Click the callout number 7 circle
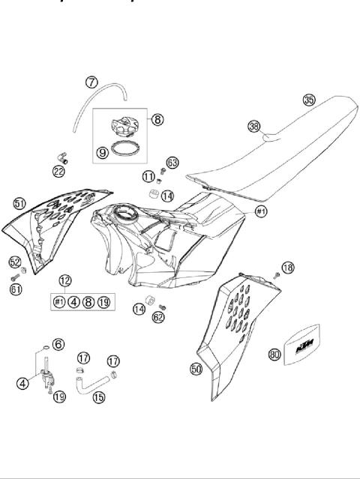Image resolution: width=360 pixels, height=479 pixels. [x=91, y=82]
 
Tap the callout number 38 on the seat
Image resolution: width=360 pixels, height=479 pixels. [x=254, y=127]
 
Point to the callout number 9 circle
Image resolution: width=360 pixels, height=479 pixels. [x=103, y=153]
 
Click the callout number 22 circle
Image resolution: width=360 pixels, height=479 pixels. [x=58, y=172]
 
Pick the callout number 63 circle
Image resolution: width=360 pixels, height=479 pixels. [x=172, y=163]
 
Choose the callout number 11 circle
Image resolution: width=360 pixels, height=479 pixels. [x=149, y=177]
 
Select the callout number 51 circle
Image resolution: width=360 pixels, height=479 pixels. [x=19, y=203]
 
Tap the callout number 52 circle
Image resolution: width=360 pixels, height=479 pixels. [x=14, y=262]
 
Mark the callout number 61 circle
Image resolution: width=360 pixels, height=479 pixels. [x=16, y=289]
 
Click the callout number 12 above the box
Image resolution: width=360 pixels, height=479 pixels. [x=65, y=280]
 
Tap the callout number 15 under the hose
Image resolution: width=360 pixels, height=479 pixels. [x=98, y=399]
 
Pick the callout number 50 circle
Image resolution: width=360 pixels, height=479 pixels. [x=196, y=369]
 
